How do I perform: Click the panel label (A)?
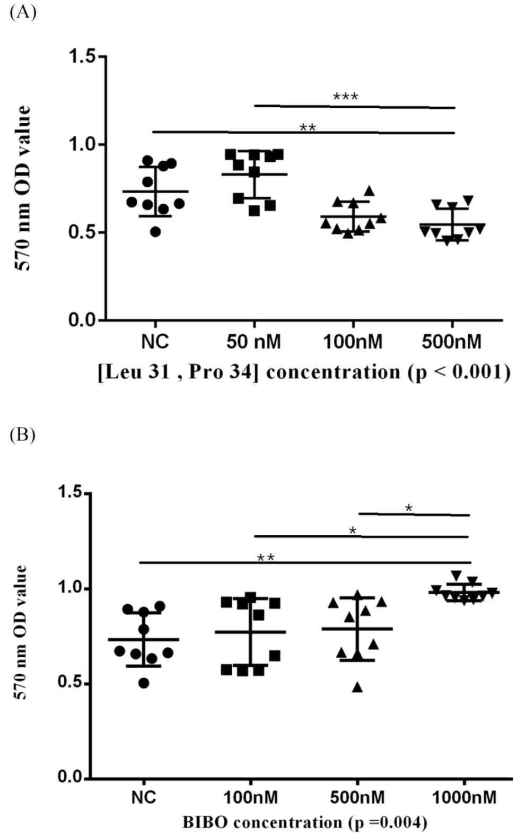coord(22,12)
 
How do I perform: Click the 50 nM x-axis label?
coord(253,342)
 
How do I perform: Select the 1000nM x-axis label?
coord(465,797)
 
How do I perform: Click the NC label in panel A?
coord(155,342)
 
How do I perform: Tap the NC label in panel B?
coord(144,797)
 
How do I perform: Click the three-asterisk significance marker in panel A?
coord(345,98)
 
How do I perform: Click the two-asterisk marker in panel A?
coord(308,128)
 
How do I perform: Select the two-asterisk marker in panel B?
coord(266,558)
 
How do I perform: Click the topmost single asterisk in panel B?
coord(408,508)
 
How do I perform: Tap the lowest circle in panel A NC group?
coord(155,232)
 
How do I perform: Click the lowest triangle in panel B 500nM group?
coord(357,688)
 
